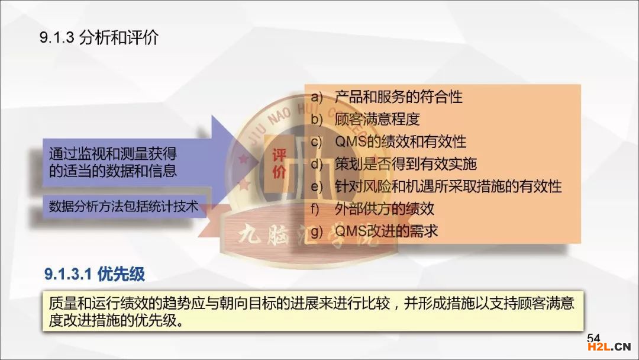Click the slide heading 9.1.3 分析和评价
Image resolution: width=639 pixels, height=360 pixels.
pyautogui.click(x=99, y=37)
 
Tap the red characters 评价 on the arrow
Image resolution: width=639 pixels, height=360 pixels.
pyautogui.click(x=279, y=163)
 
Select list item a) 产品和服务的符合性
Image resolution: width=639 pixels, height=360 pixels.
pyautogui.click(x=386, y=97)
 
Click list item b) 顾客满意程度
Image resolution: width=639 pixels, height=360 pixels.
pyautogui.click(x=364, y=120)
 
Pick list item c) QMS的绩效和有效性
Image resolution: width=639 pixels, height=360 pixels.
pyautogui.click(x=388, y=142)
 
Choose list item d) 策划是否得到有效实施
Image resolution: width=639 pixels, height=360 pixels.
pyautogui.click(x=393, y=164)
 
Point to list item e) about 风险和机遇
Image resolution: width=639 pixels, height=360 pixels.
pyautogui.click(x=436, y=187)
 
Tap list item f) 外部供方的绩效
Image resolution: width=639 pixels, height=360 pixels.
pyautogui.click(x=372, y=209)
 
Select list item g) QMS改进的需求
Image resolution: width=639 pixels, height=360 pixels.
pyautogui.click(x=374, y=231)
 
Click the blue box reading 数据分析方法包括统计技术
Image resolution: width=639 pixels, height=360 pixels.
pyautogui.click(x=124, y=206)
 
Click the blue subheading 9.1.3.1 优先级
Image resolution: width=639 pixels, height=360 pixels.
pyautogui.click(x=95, y=274)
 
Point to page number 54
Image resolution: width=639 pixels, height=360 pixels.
pyautogui.click(x=593, y=338)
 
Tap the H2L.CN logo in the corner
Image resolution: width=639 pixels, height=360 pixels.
pyautogui.click(x=609, y=347)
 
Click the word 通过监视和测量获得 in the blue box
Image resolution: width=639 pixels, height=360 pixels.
pyautogui.click(x=113, y=154)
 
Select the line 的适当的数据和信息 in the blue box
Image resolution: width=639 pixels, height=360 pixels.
pyautogui.click(x=113, y=171)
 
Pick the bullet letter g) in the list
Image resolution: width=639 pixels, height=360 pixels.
pyautogui.click(x=316, y=232)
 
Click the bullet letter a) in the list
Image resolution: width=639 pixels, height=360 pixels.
pyautogui.click(x=316, y=98)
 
